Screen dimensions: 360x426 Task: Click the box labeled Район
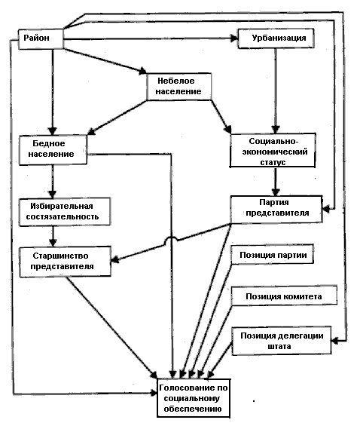[x=41, y=39]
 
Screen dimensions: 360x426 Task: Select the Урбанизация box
[x=276, y=38]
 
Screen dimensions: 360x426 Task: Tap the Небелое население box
[x=179, y=87]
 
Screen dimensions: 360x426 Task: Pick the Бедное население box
[x=53, y=150]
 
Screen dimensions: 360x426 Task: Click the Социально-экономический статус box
[x=273, y=150]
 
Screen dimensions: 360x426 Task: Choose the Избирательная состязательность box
[x=65, y=212]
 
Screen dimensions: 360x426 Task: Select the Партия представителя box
[x=276, y=209]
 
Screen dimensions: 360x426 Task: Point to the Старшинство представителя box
[x=65, y=262]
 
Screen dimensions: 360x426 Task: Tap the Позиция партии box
[x=273, y=254]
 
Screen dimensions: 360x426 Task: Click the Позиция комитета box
[x=284, y=296]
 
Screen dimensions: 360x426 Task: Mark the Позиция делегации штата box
[x=282, y=341]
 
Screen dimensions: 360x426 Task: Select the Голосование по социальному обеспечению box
[x=194, y=398]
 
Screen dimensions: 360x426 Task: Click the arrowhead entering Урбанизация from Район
[x=234, y=38]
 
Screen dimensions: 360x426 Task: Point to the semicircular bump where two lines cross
[x=172, y=238]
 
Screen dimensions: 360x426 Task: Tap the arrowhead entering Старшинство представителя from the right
[x=115, y=259]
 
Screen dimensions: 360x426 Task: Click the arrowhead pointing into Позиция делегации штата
[x=335, y=340]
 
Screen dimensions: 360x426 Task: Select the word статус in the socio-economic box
[x=273, y=162]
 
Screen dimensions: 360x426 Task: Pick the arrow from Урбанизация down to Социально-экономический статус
[x=276, y=90]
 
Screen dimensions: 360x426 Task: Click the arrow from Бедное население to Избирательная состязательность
[x=53, y=182]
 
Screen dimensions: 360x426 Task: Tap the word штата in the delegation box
[x=279, y=346]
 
